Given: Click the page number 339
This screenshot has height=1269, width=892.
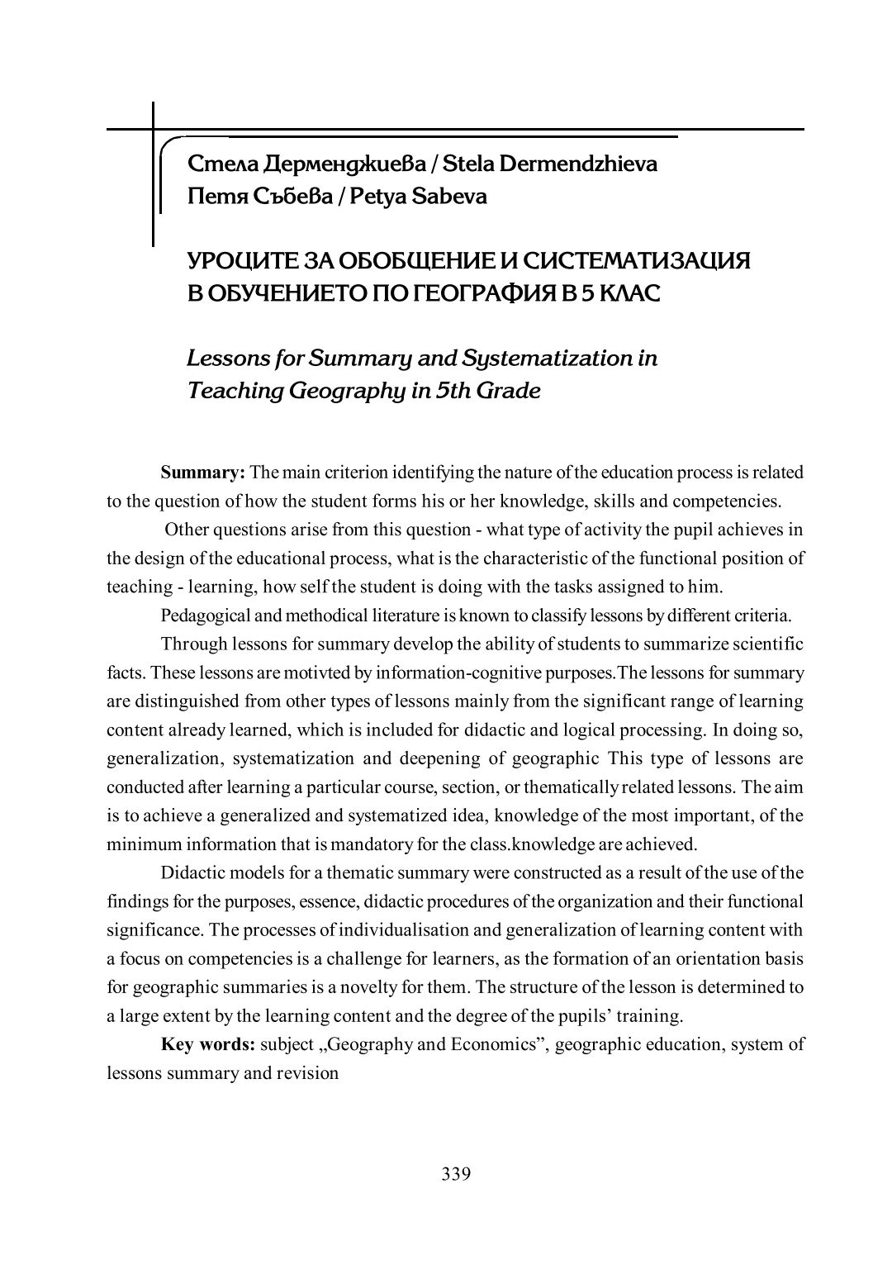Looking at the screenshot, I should [456, 1174].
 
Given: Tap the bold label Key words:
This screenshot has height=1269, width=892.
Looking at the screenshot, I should [207, 1044].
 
